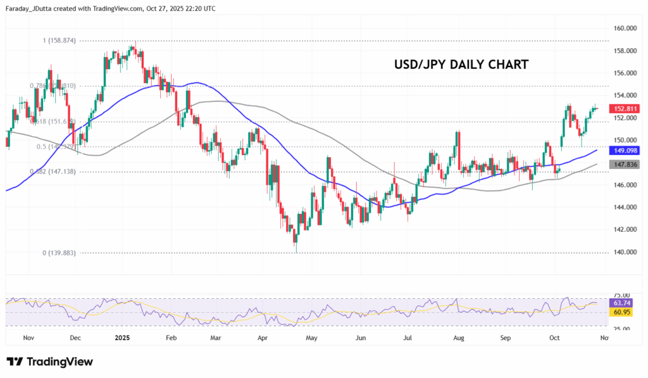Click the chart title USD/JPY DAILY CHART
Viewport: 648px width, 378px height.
pos(461,65)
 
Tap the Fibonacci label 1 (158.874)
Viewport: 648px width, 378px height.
pos(59,41)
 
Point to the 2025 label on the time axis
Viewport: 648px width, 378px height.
pos(123,338)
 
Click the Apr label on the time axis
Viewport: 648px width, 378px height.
pos(263,338)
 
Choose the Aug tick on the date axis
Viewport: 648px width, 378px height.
pos(459,338)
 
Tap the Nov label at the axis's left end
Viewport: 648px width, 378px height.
pos(28,338)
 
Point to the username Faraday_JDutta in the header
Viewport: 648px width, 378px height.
pos(31,9)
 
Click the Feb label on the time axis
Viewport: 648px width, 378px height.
pos(170,338)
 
